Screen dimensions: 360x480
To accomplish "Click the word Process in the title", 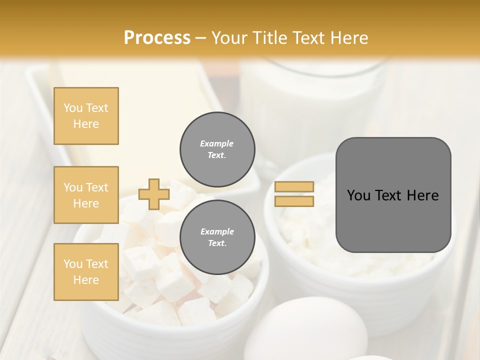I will point(157,38).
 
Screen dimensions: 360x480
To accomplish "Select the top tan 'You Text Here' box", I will point(86,116).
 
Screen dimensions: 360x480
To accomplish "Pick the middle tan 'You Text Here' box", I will point(86,195).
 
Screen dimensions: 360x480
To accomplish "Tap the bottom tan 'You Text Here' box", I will point(86,271).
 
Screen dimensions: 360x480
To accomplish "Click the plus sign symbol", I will point(154,194).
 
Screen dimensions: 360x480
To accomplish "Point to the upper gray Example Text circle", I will point(217,149).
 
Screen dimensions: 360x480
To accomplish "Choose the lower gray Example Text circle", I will point(217,237).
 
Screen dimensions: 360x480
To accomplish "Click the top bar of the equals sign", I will point(294,187).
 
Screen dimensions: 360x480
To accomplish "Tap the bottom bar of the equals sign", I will point(294,201).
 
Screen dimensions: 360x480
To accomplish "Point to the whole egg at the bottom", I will point(312,330).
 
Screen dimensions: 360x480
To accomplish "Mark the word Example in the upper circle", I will point(217,143).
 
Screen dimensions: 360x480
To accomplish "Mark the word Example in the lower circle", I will point(217,231).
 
